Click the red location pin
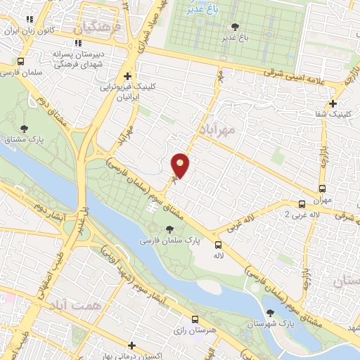(180, 165)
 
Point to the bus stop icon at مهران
(322, 189)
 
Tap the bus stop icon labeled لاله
(218, 245)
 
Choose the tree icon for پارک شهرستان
(270, 313)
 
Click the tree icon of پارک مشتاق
(25, 129)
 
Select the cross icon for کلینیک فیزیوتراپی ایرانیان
(127, 77)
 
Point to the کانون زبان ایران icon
(29, 21)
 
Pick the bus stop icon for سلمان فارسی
(22, 61)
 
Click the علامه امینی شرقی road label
(302, 77)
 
